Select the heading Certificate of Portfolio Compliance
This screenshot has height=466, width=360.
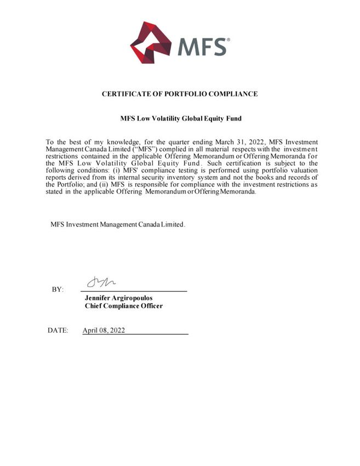(180, 94)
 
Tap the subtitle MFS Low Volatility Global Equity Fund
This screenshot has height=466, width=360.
(180, 118)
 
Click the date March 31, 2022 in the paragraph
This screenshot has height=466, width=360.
(238, 142)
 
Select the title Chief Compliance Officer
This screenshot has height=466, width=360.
(123, 306)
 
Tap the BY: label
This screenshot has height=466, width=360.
(58, 289)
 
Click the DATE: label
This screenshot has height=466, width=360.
(58, 331)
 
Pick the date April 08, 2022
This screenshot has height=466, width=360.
(104, 331)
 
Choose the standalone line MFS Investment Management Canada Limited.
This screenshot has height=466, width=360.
(118, 225)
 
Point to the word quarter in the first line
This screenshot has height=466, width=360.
(180, 142)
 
